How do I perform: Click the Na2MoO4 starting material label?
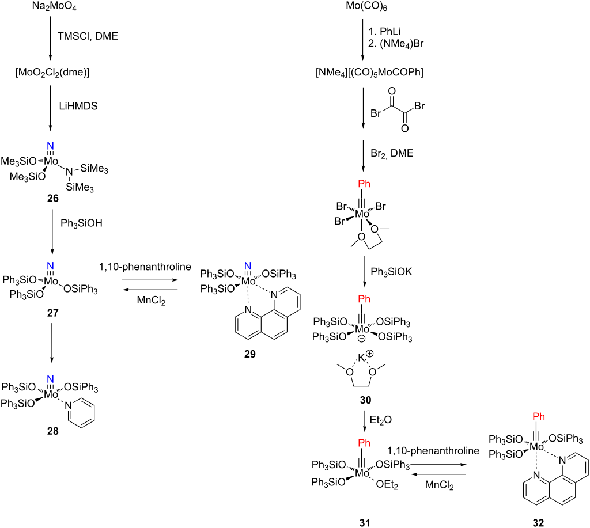coord(54,7)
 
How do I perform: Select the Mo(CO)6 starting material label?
coord(367,7)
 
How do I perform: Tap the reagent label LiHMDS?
coord(78,106)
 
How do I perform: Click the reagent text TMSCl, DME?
coord(88,36)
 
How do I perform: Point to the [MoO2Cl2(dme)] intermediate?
coord(52,72)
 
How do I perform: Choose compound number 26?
coord(52,198)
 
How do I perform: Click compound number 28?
coord(52,431)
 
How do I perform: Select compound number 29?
coord(250,354)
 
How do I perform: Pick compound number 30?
coord(365,400)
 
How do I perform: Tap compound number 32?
coord(538,523)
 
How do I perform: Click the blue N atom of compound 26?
coord(51,146)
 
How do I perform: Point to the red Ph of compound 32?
coord(539,417)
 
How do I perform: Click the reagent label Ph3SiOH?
coord(81,223)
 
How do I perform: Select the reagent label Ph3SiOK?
coord(391,272)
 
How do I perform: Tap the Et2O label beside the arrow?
coord(381,420)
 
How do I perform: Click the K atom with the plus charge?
coord(361,357)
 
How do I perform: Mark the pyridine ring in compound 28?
coord(81,412)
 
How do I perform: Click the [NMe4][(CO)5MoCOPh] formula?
coord(369,72)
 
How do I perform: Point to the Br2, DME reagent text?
coord(392,153)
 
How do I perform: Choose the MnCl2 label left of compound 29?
coord(151,301)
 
